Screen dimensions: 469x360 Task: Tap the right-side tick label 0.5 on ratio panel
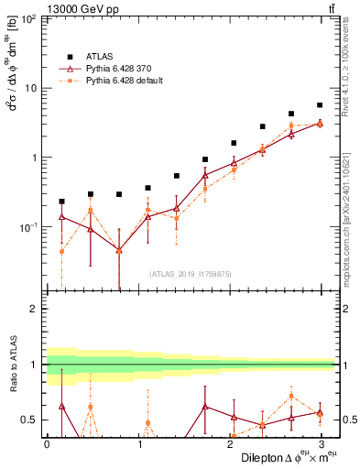coord(348,420)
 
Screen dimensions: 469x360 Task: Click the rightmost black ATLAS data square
coord(320,105)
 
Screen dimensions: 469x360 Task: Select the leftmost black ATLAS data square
coord(61,202)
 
